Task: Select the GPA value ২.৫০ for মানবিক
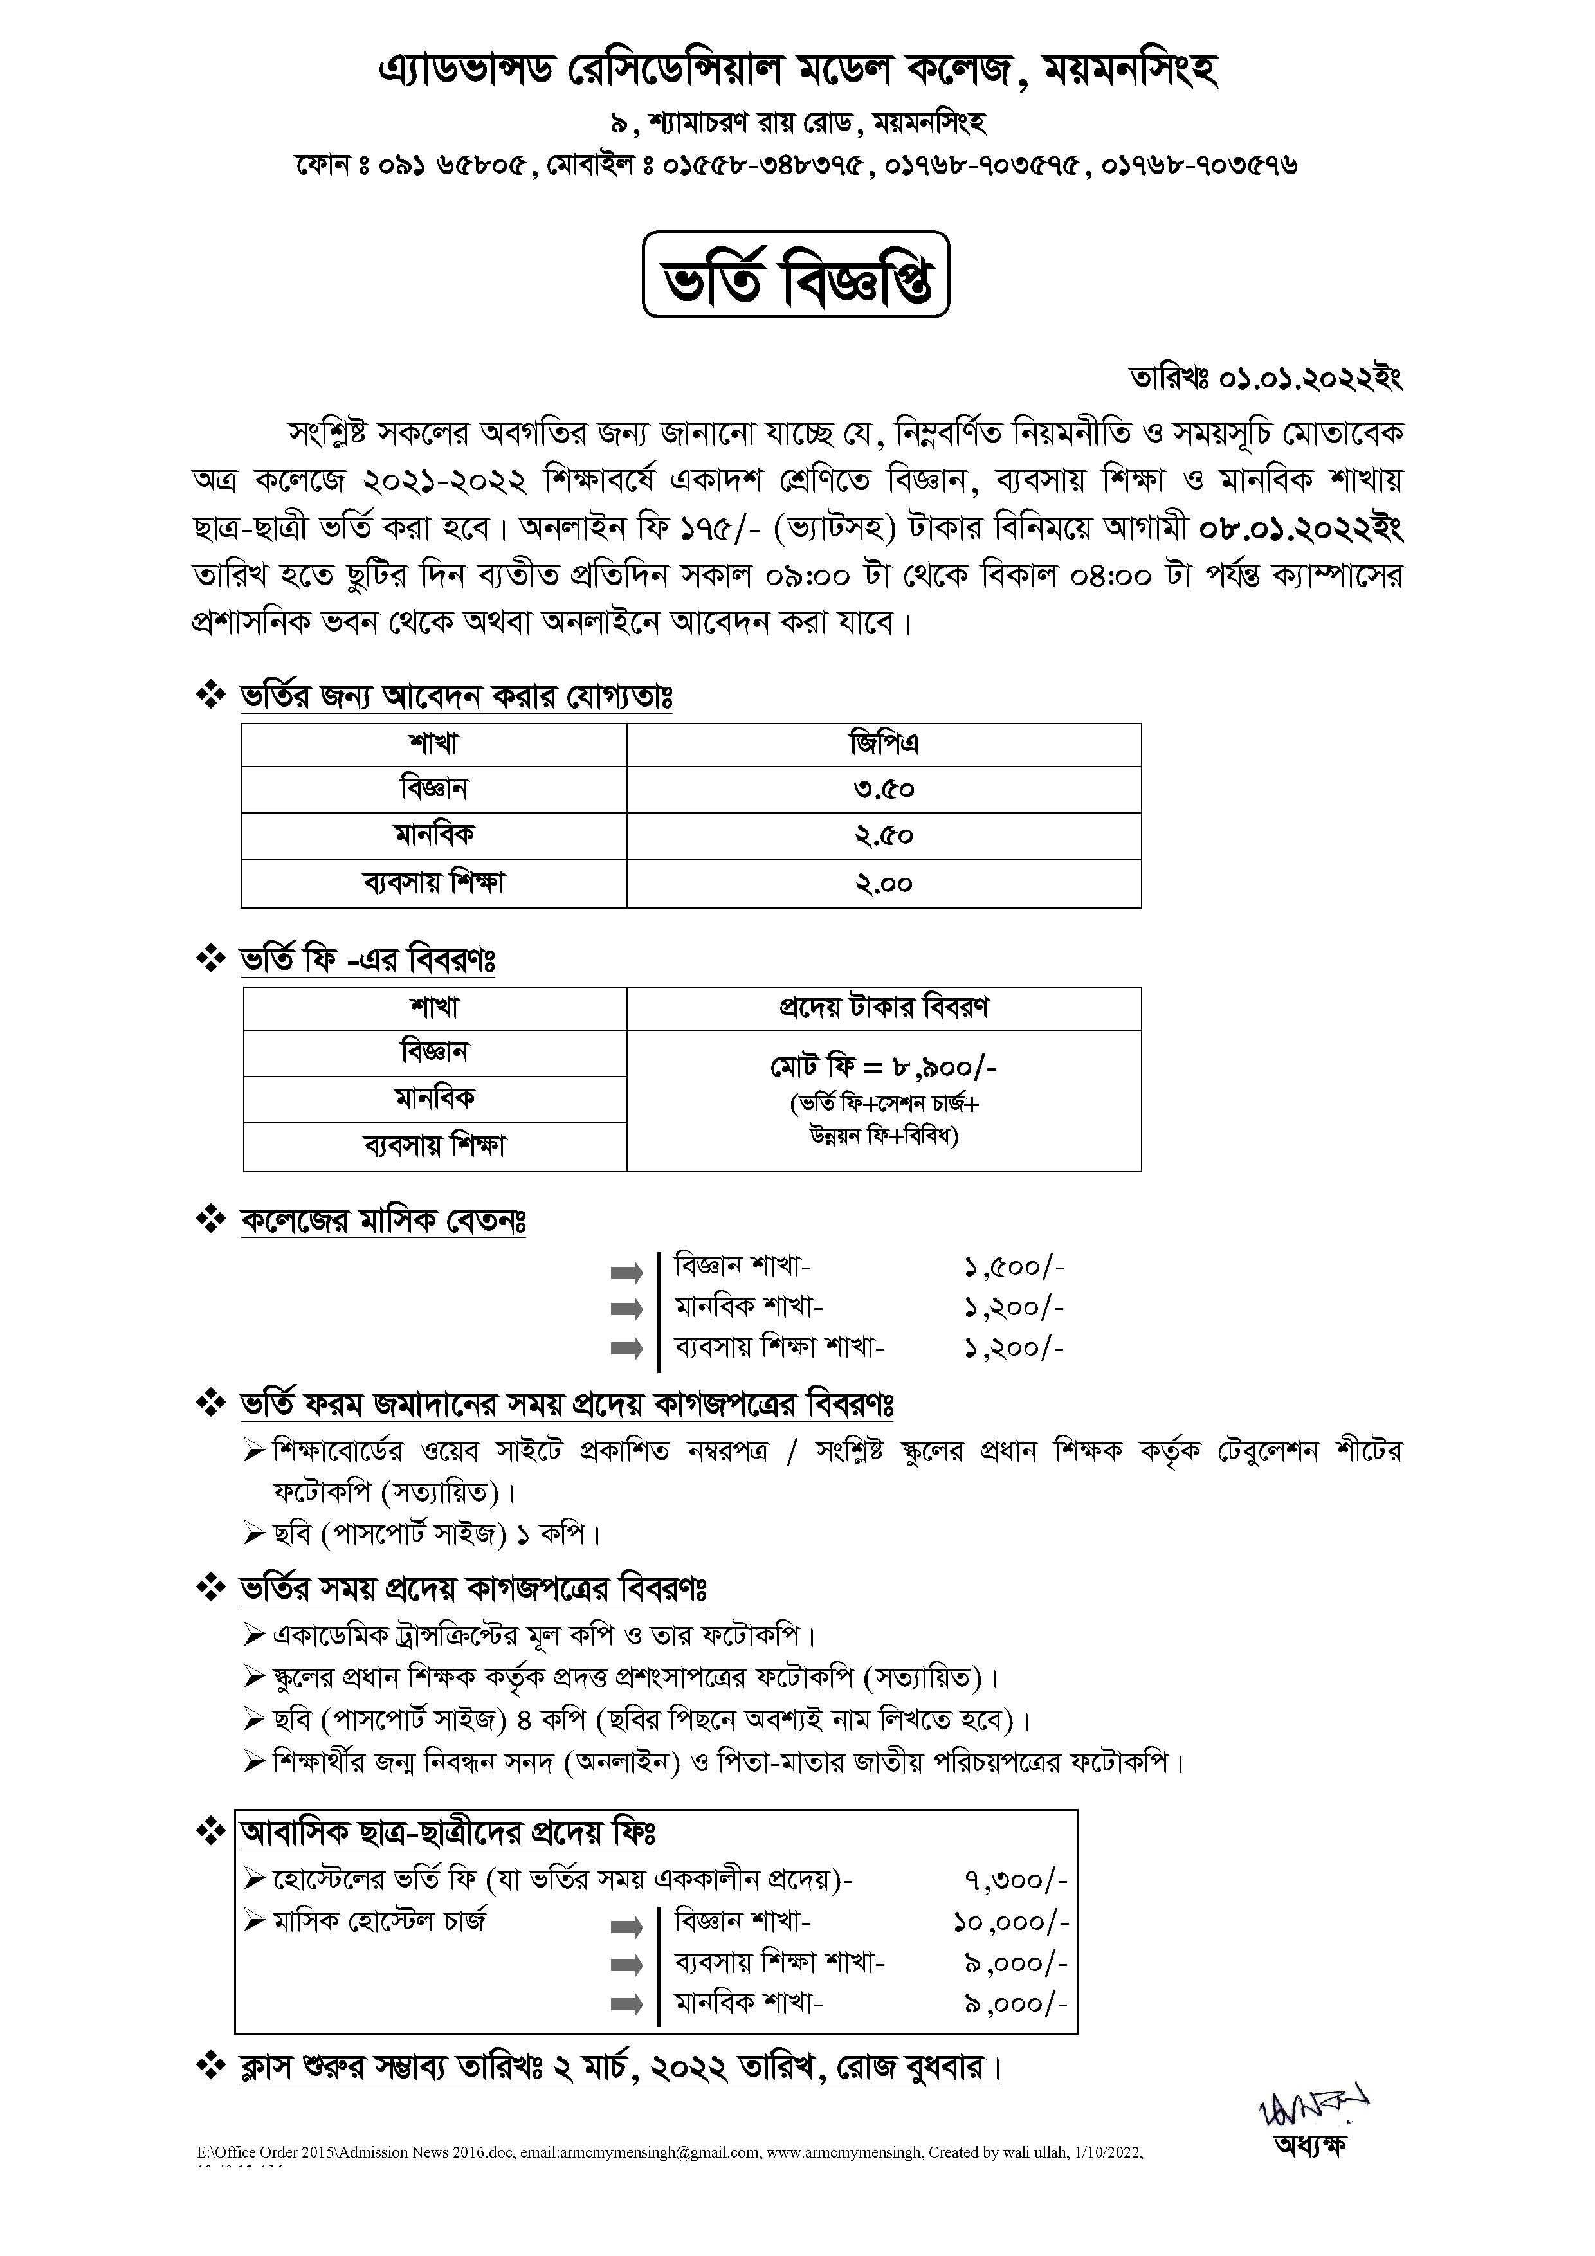[x=884, y=836]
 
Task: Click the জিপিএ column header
[x=884, y=744]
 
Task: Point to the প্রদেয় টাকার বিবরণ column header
[x=884, y=1008]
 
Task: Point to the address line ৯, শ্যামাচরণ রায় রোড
[x=797, y=123]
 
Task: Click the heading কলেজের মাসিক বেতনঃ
[x=383, y=1221]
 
